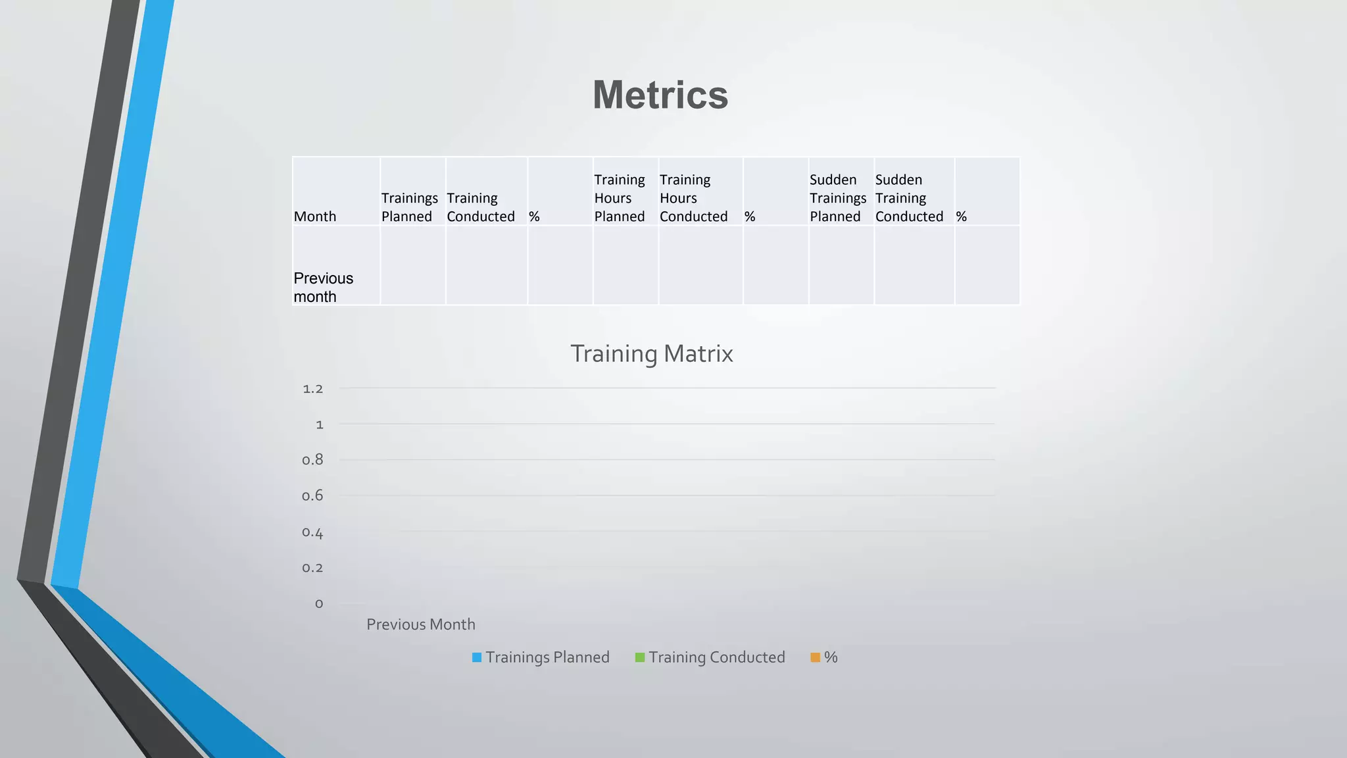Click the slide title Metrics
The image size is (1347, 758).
point(660,95)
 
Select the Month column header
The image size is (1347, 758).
point(315,216)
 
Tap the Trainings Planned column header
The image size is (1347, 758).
point(409,207)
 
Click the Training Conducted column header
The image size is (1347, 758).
point(481,207)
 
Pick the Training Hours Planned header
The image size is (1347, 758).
point(620,198)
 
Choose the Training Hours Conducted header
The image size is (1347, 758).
point(693,198)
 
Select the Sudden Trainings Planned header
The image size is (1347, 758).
point(837,198)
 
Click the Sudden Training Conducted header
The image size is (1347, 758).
point(909,198)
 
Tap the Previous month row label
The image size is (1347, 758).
point(323,288)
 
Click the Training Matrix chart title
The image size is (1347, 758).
point(651,354)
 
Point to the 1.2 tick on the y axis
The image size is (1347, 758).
point(313,389)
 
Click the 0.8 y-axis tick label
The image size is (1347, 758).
point(313,460)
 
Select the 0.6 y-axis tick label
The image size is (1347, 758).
point(313,495)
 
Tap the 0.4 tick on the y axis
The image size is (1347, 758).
point(313,532)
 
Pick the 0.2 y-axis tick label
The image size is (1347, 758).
point(313,568)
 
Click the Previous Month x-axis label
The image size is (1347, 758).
point(421,624)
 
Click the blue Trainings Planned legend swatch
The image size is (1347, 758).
point(477,657)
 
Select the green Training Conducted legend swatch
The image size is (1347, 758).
point(640,657)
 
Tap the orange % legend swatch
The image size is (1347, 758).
point(816,657)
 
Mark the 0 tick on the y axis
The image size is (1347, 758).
point(319,603)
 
